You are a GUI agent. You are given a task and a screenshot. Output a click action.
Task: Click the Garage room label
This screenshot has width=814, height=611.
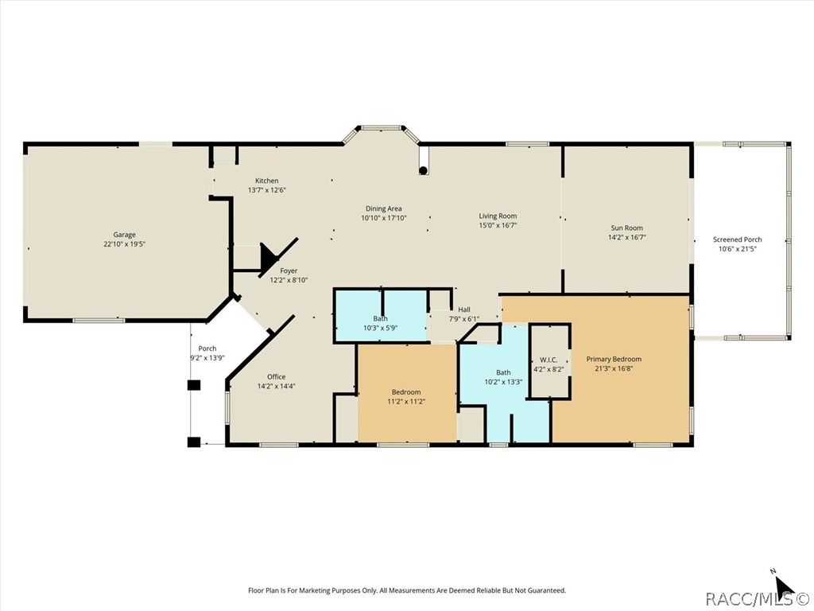point(125,235)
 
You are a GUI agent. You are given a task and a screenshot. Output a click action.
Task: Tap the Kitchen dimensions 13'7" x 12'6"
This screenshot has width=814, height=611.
point(267,190)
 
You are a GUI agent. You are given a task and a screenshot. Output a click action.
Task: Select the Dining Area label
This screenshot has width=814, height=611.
point(384,209)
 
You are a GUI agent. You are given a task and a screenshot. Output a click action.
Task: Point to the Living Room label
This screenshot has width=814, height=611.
point(498,216)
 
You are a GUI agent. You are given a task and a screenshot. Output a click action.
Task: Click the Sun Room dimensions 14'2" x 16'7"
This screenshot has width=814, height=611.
point(627,237)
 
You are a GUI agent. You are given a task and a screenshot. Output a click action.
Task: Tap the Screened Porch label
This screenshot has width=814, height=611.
point(737,239)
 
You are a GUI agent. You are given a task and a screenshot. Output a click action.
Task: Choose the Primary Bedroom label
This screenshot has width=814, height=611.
point(614,359)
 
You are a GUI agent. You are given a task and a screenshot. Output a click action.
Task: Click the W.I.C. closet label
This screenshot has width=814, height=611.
point(548,360)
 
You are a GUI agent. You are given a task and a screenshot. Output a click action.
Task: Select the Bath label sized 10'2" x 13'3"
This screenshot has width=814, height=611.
point(503,372)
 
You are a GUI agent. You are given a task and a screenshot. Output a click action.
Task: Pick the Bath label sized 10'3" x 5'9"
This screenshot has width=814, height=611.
point(381,318)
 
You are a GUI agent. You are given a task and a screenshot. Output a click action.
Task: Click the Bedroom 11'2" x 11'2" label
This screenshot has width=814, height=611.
point(406,392)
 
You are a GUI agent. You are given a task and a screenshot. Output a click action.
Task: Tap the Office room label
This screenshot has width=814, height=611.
point(277,376)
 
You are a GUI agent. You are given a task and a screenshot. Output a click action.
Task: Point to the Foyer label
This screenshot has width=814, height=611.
point(289,270)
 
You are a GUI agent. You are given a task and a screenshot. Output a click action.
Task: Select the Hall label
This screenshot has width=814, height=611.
point(464,309)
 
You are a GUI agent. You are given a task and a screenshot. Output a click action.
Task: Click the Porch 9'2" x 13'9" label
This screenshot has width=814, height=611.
point(207,348)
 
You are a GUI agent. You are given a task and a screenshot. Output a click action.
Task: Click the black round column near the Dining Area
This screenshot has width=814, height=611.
point(423,170)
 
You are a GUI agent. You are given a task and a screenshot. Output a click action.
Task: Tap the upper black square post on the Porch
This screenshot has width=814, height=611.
point(194,385)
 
